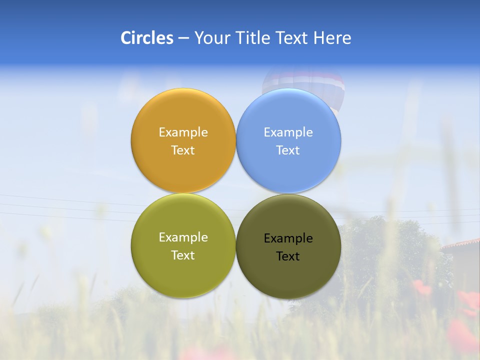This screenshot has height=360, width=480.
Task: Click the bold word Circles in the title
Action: [146, 38]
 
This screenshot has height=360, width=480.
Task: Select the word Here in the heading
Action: [332, 38]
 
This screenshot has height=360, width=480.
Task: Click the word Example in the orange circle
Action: [183, 132]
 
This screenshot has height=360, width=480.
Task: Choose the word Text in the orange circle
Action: [183, 150]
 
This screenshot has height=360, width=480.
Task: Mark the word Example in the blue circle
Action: [288, 132]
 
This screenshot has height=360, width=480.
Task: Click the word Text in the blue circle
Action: [288, 150]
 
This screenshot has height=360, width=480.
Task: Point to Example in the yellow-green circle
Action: [183, 237]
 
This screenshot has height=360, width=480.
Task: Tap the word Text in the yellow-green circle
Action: [183, 255]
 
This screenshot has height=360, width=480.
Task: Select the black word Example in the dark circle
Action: [288, 238]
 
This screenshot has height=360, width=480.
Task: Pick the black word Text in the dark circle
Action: [288, 256]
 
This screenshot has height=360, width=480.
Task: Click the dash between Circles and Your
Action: [183, 38]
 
